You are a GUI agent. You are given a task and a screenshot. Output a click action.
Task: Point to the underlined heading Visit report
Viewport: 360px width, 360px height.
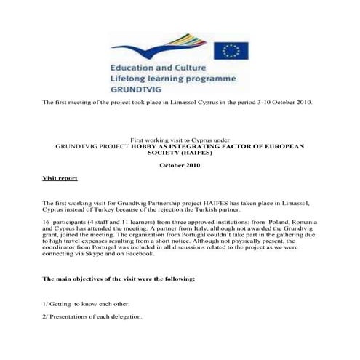tap(60, 177)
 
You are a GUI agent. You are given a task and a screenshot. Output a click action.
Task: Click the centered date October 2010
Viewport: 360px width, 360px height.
tap(180, 165)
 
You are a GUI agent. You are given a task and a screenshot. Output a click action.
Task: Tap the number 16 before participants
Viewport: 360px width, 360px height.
tap(47, 219)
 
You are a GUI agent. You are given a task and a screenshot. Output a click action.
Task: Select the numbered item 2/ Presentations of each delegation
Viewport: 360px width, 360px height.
tap(92, 316)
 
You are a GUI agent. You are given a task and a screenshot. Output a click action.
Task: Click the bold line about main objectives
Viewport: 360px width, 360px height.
tap(119, 279)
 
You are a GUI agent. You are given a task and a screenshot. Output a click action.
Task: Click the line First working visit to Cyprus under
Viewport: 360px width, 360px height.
tap(180, 138)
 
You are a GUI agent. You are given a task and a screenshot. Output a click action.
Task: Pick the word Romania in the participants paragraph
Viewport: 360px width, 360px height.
tap(297, 219)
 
